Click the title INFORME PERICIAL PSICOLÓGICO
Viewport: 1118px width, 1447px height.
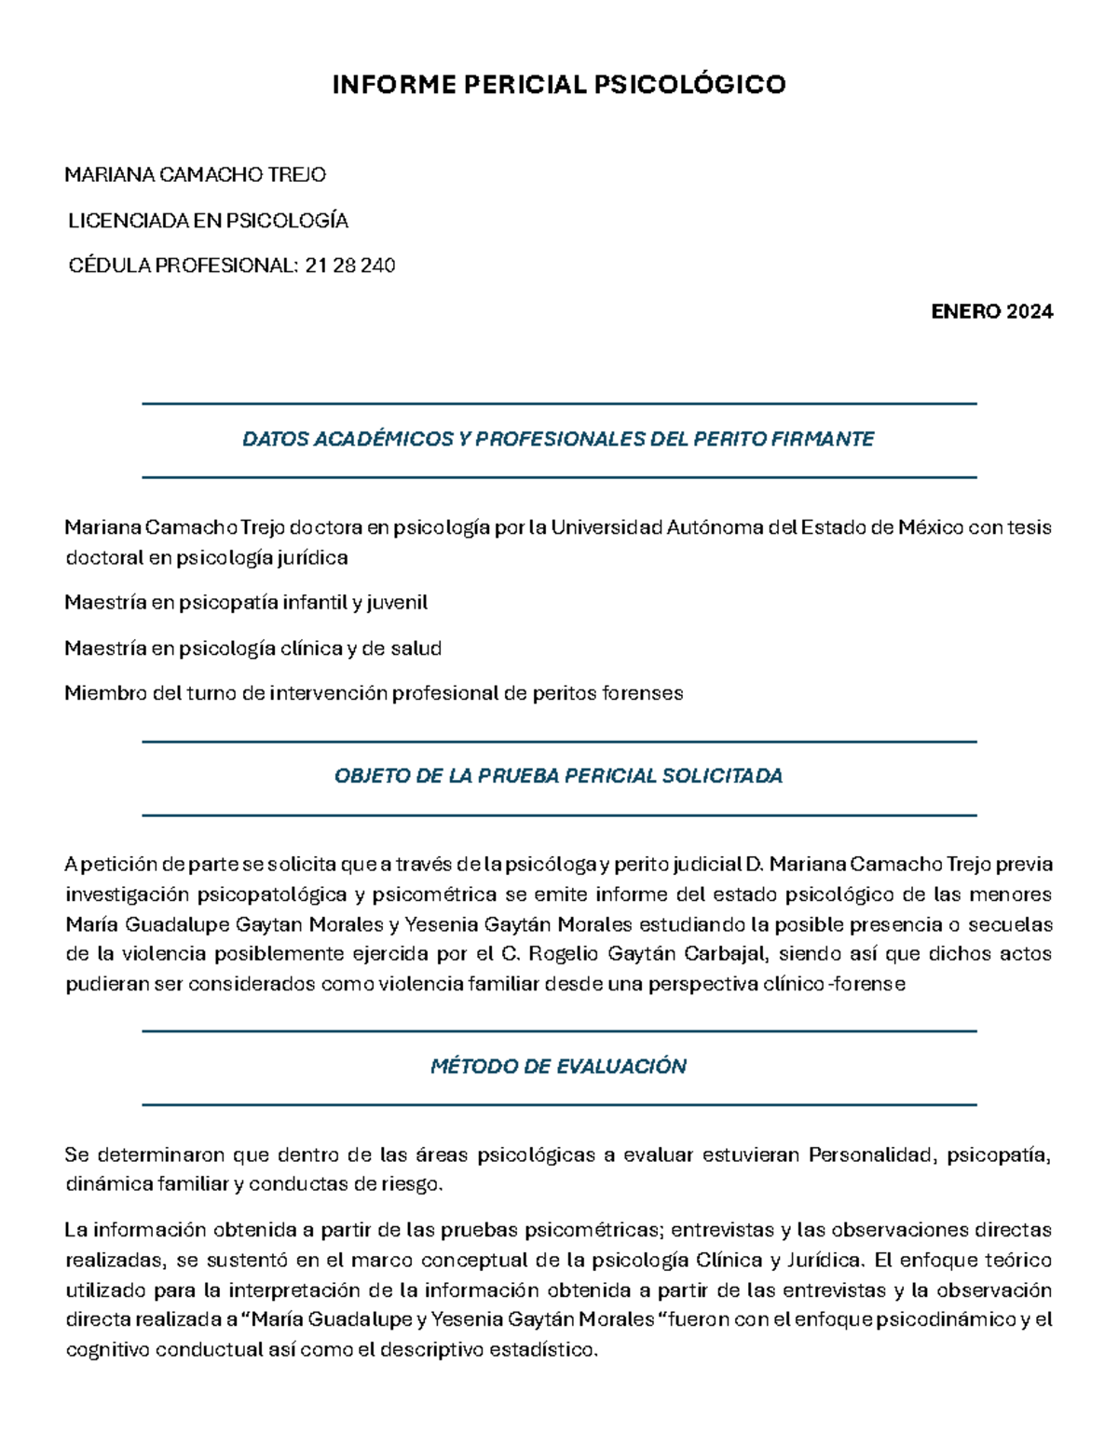coord(559,85)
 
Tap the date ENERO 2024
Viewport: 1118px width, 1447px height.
coord(991,311)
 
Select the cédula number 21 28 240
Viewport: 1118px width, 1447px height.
coord(350,266)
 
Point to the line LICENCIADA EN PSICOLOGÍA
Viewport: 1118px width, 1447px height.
coord(208,221)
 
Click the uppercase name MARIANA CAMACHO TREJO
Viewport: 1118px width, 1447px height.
coord(195,175)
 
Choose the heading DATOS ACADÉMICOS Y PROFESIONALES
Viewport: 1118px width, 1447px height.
coord(558,439)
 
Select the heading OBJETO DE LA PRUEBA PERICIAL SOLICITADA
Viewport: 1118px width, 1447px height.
coord(558,776)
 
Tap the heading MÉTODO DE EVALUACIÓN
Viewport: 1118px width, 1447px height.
coord(558,1067)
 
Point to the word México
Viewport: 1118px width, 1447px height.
coord(930,527)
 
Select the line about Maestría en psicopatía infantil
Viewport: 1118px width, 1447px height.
coord(246,603)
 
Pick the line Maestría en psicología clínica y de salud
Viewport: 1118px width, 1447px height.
coord(252,648)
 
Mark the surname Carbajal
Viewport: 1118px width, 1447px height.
coord(723,954)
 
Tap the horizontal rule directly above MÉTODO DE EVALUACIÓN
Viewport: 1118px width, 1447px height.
coord(558,1031)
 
